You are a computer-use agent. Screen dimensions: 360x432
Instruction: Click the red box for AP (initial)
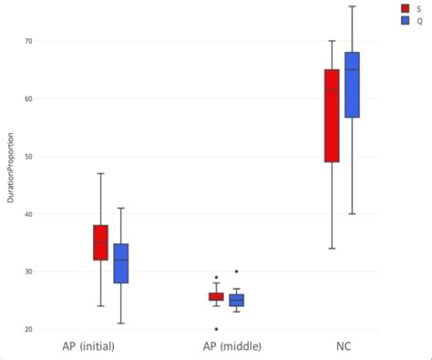tap(100, 242)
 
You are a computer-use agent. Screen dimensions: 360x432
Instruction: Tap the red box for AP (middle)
tap(216, 296)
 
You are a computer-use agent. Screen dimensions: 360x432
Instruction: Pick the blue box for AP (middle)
tap(236, 300)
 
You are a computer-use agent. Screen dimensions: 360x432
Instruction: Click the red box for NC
tap(332, 116)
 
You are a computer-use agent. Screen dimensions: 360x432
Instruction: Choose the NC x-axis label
tap(342, 347)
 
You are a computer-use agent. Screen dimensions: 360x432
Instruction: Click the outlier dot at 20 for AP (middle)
tap(216, 329)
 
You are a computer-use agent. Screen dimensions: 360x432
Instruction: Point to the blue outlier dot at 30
tap(236, 272)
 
